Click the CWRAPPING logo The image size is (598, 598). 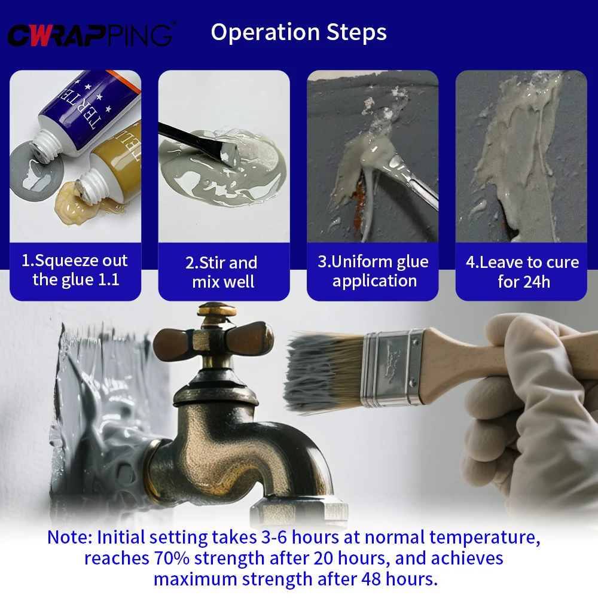pos(90,35)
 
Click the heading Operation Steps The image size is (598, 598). pos(298,32)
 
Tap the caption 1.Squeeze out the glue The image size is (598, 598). pos(75,270)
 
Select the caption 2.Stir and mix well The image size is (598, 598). pos(224,272)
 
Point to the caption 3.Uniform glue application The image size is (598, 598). pos(373,271)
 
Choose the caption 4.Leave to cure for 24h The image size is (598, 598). pos(522,271)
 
